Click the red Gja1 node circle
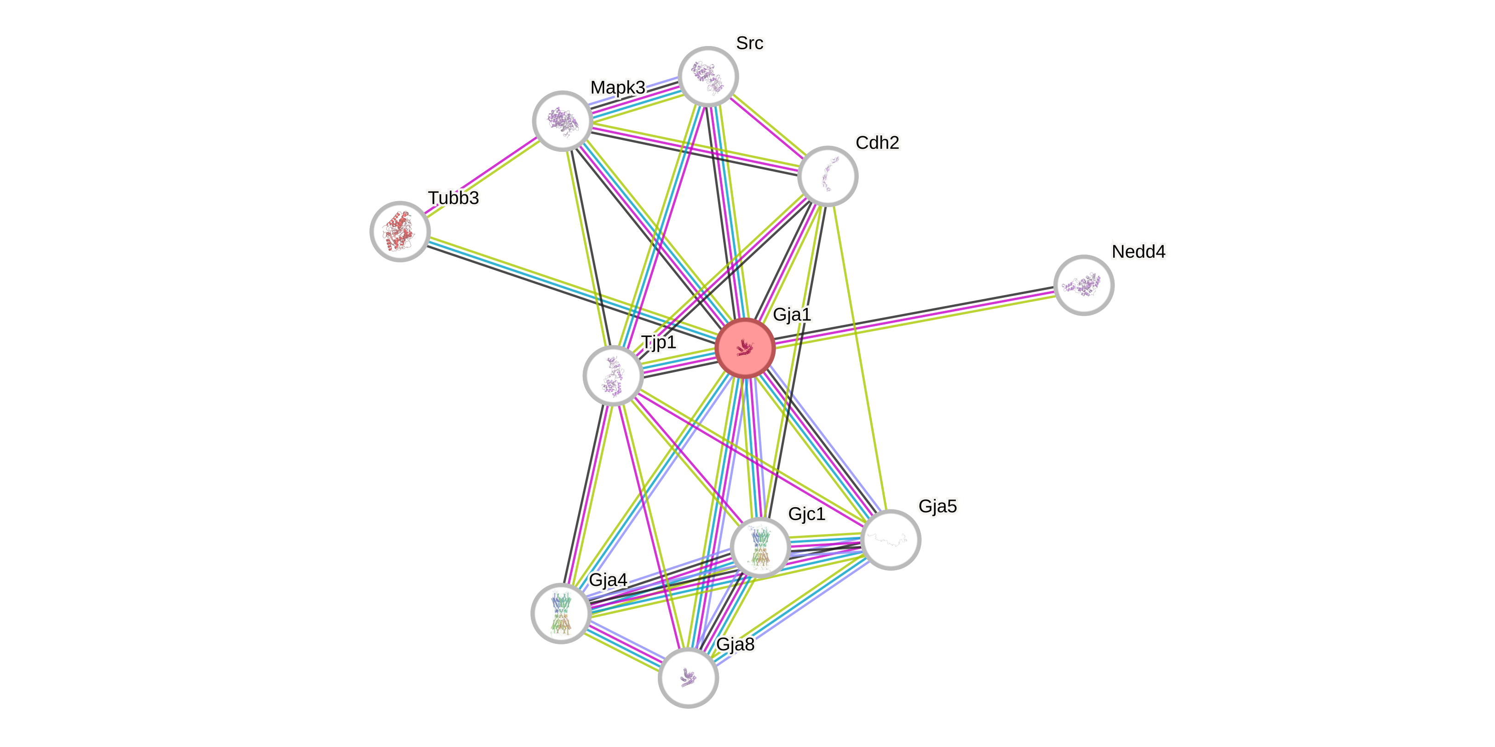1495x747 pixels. pyautogui.click(x=745, y=348)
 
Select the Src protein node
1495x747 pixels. pyautogui.click(x=708, y=76)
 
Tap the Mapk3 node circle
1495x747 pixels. pyautogui.click(x=562, y=121)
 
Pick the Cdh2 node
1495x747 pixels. pyautogui.click(x=828, y=176)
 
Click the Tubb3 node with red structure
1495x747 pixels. pyautogui.click(x=400, y=231)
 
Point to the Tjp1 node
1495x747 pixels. pyautogui.click(x=613, y=375)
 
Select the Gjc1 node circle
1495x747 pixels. pyautogui.click(x=759, y=547)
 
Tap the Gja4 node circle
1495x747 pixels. pyautogui.click(x=561, y=613)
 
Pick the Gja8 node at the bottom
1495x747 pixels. pyautogui.click(x=688, y=678)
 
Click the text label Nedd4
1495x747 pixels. pyautogui.click(x=1138, y=251)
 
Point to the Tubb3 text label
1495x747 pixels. pyautogui.click(x=453, y=198)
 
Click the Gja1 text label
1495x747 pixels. pyautogui.click(x=792, y=314)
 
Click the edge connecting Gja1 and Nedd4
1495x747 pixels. pyautogui.click(x=914, y=317)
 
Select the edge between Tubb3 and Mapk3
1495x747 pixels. pyautogui.click(x=481, y=176)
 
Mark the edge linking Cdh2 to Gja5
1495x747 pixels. pyautogui.click(x=859, y=357)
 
